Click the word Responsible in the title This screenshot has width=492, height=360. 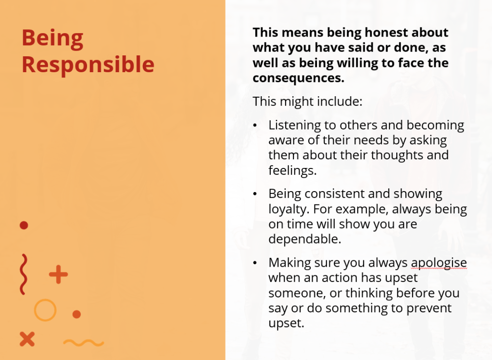click(x=88, y=65)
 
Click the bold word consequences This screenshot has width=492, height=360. click(x=298, y=78)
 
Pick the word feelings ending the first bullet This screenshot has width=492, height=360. click(x=292, y=170)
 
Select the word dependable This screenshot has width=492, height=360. click(x=305, y=239)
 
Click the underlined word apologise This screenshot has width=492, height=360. click(x=439, y=263)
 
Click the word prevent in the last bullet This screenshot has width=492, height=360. click(x=429, y=309)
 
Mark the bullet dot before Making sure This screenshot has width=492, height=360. click(x=255, y=263)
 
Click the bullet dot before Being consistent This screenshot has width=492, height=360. click(x=255, y=194)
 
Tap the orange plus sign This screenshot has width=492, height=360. click(x=58, y=274)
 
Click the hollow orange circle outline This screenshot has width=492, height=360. click(x=35, y=310)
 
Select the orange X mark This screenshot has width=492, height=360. click(x=27, y=339)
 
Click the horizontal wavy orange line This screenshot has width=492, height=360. click(x=84, y=343)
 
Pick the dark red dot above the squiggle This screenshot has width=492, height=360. click(x=24, y=225)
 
